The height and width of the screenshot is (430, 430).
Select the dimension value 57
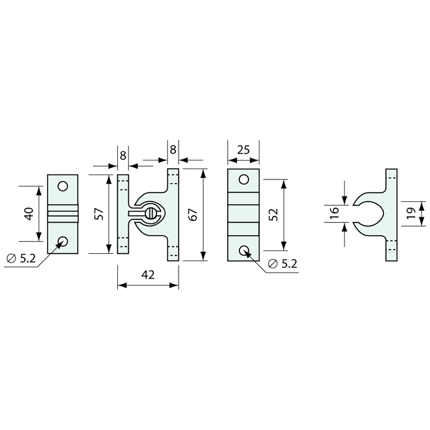pos(99,214)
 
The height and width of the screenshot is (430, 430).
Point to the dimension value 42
pos(148,274)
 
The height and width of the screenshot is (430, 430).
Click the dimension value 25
pos(243,150)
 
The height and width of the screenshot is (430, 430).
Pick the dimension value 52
pos(274,215)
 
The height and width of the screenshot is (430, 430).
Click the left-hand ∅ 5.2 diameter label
pos(21,258)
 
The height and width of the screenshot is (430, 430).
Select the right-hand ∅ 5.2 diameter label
pos(283,264)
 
